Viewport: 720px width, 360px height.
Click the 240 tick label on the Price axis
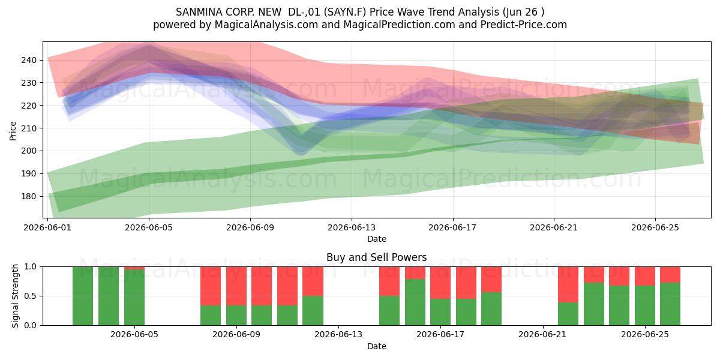pyautogui.click(x=29, y=60)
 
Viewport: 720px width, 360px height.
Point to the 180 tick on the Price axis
pyautogui.click(x=29, y=196)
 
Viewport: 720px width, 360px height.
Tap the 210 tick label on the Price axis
pyautogui.click(x=29, y=128)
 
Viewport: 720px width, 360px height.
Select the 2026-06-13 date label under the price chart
pyautogui.click(x=352, y=227)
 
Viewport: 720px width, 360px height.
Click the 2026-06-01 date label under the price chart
pyautogui.click(x=47, y=227)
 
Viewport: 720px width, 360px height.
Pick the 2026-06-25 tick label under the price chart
pyautogui.click(x=655, y=227)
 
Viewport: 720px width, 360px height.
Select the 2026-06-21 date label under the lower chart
pyautogui.click(x=542, y=335)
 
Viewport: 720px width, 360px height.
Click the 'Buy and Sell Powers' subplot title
pyautogui.click(x=377, y=257)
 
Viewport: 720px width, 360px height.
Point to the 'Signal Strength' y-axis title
pyautogui.click(x=15, y=296)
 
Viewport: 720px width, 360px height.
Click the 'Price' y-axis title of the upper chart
pyautogui.click(x=13, y=131)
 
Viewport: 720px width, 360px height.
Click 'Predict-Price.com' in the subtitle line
pyautogui.click(x=524, y=25)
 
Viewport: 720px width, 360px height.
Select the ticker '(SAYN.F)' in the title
pyautogui.click(x=345, y=12)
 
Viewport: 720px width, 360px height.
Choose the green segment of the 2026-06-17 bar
pyautogui.click(x=440, y=312)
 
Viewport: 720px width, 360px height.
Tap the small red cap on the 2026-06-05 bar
pyautogui.click(x=134, y=268)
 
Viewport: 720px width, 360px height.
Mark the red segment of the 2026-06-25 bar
pyautogui.click(x=645, y=276)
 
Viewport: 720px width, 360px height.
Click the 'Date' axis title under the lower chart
pyautogui.click(x=377, y=347)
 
